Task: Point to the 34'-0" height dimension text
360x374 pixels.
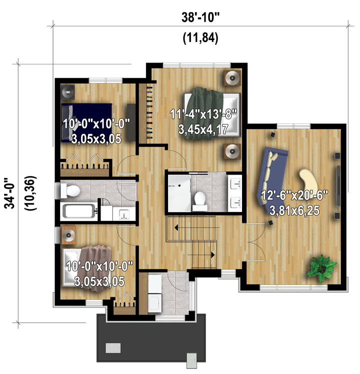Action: [10, 192]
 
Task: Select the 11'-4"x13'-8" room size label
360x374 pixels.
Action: [203, 114]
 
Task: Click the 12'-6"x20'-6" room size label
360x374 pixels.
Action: [294, 195]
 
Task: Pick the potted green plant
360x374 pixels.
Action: [321, 268]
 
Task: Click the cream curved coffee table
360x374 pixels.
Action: [308, 181]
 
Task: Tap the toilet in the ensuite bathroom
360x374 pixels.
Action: [199, 201]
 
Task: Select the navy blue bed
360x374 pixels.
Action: [87, 122]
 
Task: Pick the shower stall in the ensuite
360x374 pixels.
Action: [179, 193]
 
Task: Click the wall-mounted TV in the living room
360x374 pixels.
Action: [338, 185]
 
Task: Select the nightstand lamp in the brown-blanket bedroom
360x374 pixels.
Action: [68, 235]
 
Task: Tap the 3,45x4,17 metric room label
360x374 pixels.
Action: [203, 129]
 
